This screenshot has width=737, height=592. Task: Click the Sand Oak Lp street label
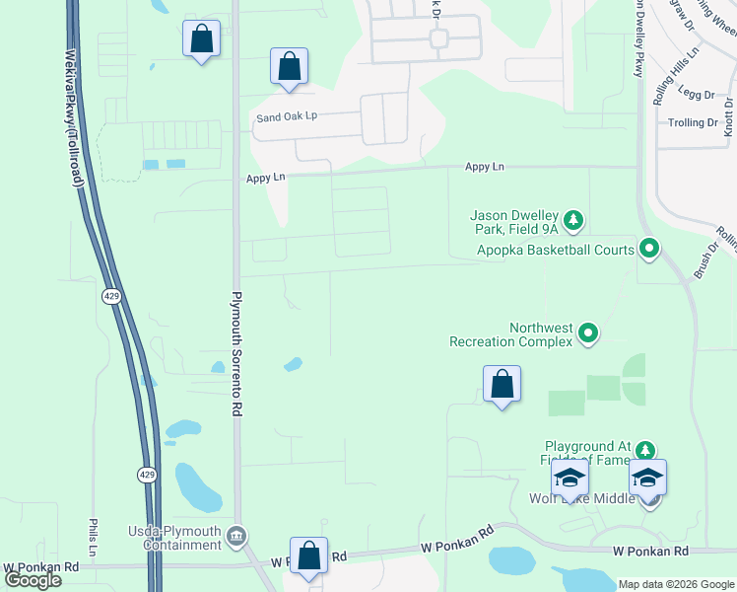pos(286,115)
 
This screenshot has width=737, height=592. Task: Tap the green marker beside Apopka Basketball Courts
pos(648,249)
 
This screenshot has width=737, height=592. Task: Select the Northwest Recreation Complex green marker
pos(587,333)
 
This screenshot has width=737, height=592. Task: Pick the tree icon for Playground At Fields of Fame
pos(644,451)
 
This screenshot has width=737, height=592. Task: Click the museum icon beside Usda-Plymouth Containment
pos(236,537)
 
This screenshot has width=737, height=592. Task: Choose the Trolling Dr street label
pos(694,122)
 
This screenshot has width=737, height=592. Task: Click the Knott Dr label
pos(727,115)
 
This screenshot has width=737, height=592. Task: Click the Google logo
pos(33,579)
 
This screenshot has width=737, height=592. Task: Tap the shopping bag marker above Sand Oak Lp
pos(289,68)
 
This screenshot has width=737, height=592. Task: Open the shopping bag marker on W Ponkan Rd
pos(309,556)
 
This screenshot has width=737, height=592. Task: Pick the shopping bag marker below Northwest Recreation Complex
pos(502,385)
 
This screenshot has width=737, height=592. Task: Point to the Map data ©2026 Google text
pos(675,584)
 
